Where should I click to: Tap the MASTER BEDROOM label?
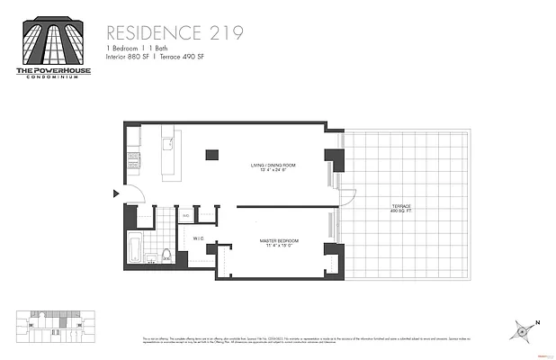tap(279, 242)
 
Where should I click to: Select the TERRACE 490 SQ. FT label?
tap(400, 209)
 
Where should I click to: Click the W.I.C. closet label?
tap(198, 238)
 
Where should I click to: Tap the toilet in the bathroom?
tap(167, 254)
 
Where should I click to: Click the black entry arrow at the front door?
tap(114, 193)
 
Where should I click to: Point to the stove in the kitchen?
tap(134, 160)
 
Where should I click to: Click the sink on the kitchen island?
tap(166, 143)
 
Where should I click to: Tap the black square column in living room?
tap(211, 155)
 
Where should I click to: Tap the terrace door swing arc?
tap(348, 190)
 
